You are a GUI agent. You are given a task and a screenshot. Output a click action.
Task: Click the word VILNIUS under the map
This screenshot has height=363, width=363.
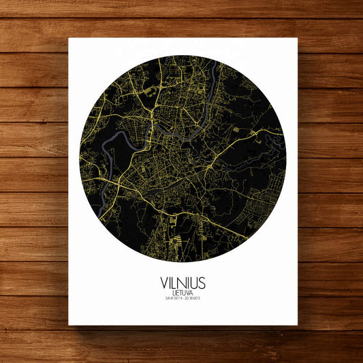pyautogui.click(x=182, y=282)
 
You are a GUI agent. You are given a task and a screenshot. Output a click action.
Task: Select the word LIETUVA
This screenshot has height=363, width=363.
pyautogui.click(x=182, y=292)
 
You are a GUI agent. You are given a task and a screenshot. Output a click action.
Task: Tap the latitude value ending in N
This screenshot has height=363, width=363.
pyautogui.click(x=172, y=298)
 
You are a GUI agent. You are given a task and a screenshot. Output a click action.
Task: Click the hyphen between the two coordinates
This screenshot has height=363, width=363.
pyautogui.click(x=183, y=298)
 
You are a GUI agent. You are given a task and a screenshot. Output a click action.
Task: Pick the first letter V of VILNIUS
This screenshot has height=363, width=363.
pyautogui.click(x=163, y=282)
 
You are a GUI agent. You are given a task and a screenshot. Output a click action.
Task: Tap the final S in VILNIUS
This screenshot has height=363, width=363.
pyautogui.click(x=202, y=282)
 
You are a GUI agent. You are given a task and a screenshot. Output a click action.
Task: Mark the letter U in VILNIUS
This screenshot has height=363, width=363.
pyautogui.click(x=193, y=282)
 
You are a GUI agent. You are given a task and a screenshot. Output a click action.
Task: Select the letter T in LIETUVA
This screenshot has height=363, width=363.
pyautogui.click(x=180, y=292)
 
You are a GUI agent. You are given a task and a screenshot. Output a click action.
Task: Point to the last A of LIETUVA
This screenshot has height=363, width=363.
pyautogui.click(x=191, y=292)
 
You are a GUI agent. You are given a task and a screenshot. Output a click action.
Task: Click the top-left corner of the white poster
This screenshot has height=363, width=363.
pyautogui.click(x=69, y=38)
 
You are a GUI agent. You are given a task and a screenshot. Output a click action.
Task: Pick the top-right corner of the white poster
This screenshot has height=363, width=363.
pyautogui.click(x=297, y=38)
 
